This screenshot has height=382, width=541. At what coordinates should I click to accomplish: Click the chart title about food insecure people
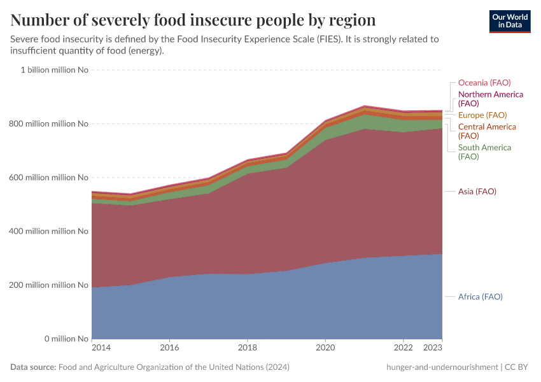click(x=193, y=20)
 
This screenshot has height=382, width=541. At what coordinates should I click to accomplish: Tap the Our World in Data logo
click(x=509, y=21)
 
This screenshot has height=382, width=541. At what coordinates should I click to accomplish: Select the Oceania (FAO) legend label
click(x=484, y=83)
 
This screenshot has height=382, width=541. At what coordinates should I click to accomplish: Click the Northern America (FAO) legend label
click(x=490, y=99)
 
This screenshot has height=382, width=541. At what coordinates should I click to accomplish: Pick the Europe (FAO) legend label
click(x=482, y=115)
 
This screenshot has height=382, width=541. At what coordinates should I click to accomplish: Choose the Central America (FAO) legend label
click(x=487, y=131)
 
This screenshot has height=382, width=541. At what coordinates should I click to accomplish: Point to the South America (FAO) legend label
click(x=484, y=152)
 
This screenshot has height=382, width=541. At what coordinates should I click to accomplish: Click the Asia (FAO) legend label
click(x=477, y=192)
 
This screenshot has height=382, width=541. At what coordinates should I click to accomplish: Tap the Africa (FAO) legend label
click(x=480, y=297)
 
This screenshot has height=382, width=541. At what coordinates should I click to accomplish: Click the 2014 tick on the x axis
click(x=101, y=348)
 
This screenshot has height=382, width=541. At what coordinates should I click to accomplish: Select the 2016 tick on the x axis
click(x=169, y=348)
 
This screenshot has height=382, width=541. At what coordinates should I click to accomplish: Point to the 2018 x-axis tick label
click(x=247, y=348)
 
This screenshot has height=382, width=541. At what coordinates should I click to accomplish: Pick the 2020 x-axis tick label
click(x=325, y=348)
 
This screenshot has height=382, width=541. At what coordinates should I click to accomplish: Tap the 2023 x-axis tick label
click(x=433, y=348)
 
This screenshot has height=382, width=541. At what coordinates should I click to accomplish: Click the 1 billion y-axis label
click(x=54, y=70)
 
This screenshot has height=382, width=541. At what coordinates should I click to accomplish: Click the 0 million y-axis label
click(x=57, y=339)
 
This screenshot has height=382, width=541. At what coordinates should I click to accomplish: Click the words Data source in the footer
click(x=33, y=367)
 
